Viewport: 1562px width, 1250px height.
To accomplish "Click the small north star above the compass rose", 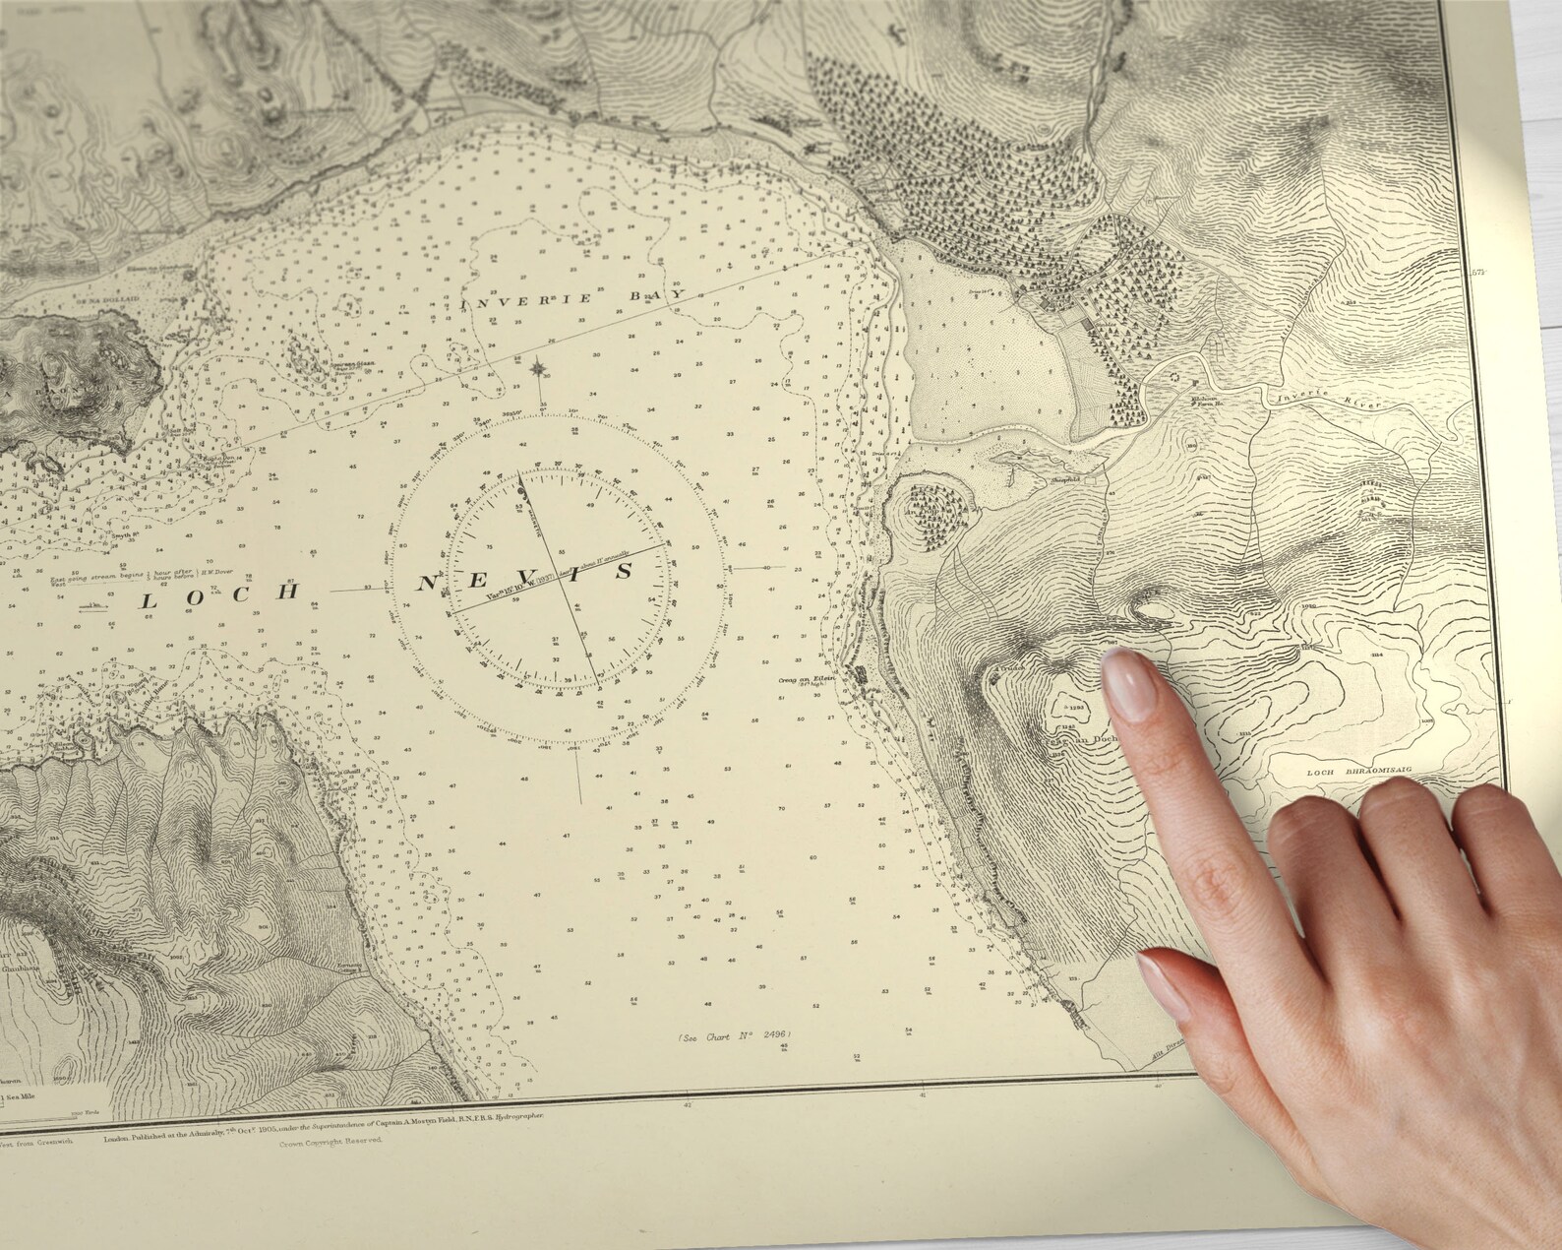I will point(539,370).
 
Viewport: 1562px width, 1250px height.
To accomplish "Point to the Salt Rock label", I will point(180,430).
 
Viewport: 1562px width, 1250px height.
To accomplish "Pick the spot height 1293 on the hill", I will point(1075,707).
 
